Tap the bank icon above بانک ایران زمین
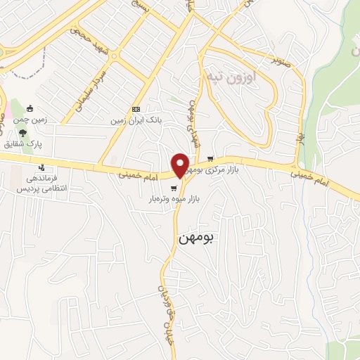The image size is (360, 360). (x=136, y=109)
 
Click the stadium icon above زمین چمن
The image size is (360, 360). (x=30, y=108)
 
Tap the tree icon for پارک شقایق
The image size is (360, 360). (x=24, y=131)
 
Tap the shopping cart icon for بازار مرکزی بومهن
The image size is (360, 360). (x=229, y=159)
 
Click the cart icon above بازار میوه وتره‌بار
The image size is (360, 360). (x=174, y=188)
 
